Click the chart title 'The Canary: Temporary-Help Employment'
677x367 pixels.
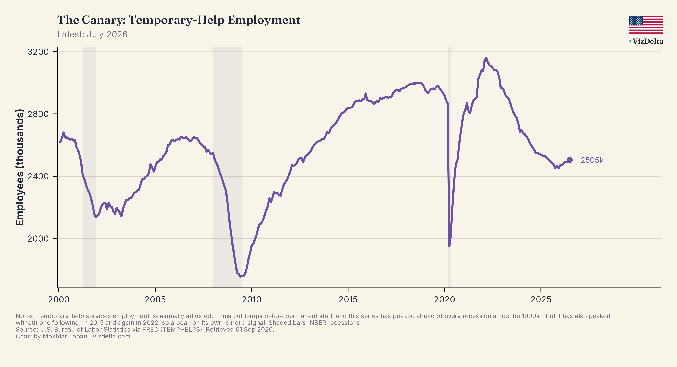click(x=179, y=20)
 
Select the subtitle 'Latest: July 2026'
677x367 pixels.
click(x=92, y=34)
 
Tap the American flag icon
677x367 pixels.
click(x=646, y=25)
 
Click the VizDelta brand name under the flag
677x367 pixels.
click(x=647, y=41)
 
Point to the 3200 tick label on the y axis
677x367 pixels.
click(x=38, y=52)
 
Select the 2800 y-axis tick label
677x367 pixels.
click(x=38, y=114)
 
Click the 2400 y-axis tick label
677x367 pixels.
click(x=38, y=176)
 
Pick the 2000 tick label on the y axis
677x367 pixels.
click(x=38, y=239)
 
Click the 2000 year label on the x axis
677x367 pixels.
click(x=59, y=299)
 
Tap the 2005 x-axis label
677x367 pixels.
click(x=155, y=299)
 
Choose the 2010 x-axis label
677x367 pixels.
click(x=251, y=299)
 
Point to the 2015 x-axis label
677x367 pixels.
click(x=348, y=299)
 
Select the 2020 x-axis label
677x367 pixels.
click(x=444, y=299)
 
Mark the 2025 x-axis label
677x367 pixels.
click(x=541, y=299)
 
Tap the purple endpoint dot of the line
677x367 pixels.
click(x=569, y=160)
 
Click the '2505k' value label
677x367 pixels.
click(x=592, y=160)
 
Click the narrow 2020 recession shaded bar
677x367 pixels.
click(x=449, y=167)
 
